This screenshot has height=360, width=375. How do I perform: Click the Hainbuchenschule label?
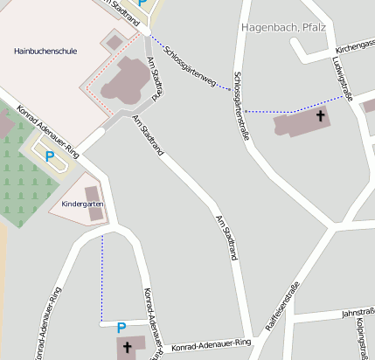45,52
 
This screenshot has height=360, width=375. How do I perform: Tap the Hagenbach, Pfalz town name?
282,28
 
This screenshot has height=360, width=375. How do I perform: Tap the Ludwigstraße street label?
342,77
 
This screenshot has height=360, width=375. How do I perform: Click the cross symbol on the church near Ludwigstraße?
320,115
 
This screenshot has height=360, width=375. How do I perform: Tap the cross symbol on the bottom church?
128,348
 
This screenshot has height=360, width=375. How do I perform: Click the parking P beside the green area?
50,157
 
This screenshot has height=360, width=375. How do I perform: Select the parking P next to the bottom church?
122,328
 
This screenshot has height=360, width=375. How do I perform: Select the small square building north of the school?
114,41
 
